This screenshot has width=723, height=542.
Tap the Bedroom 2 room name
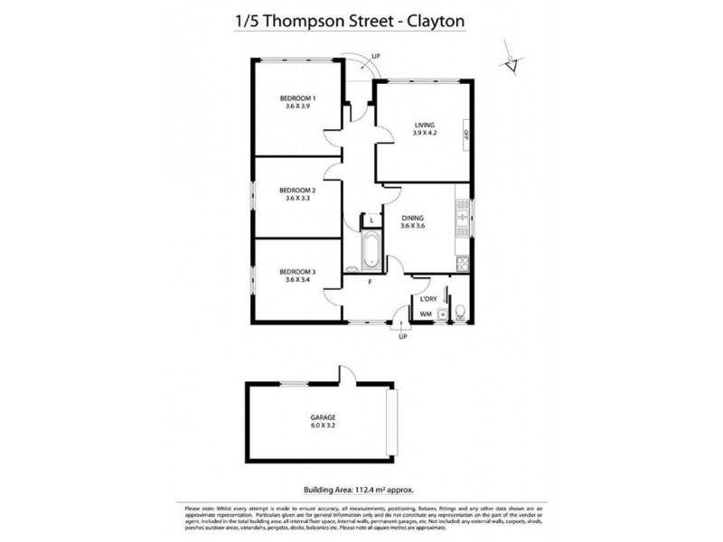pyautogui.click(x=296, y=190)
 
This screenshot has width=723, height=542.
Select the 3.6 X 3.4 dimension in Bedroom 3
pyautogui.click(x=297, y=280)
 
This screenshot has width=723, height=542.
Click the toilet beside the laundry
pyautogui.click(x=460, y=313)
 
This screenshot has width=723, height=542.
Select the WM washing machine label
pyautogui.click(x=425, y=314)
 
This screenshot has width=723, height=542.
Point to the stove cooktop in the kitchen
pyautogui.click(x=464, y=263)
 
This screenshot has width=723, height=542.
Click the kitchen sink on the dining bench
pyautogui.click(x=464, y=216)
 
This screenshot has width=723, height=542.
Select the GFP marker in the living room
pyautogui.click(x=465, y=133)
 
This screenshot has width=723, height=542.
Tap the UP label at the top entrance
pyautogui.click(x=375, y=56)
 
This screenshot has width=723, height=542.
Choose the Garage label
pyautogui.click(x=322, y=417)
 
